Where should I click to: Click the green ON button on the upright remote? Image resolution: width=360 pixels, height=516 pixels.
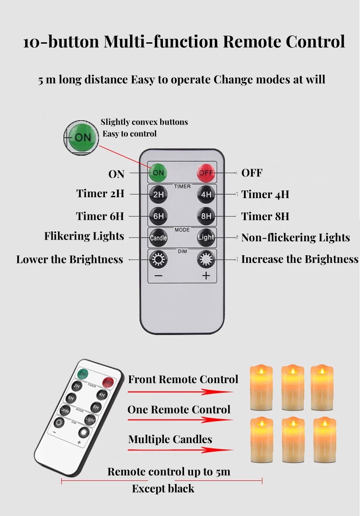158,172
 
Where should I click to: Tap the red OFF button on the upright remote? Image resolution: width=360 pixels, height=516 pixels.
206,173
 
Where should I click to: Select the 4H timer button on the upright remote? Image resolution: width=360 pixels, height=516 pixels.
206,195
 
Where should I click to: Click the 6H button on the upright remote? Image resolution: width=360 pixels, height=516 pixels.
158,216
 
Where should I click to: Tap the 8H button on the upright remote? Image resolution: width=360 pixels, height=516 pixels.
206,216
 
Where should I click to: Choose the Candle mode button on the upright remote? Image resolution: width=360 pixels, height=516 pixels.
158,237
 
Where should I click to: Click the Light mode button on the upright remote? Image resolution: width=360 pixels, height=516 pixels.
206,237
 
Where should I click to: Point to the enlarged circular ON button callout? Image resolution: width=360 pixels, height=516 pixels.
81,138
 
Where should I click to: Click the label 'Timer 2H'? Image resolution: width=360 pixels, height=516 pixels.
100,194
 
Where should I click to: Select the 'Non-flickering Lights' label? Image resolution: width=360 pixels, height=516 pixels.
295,238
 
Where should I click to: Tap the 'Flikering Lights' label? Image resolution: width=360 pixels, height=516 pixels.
84,236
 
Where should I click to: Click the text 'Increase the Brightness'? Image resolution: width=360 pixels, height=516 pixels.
299,259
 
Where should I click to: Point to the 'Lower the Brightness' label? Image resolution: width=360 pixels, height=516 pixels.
70,260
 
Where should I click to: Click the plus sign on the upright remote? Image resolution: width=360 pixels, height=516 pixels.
206,276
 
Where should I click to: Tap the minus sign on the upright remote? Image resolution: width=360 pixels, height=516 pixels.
158,276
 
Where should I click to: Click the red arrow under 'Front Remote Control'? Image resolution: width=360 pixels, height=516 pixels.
180,392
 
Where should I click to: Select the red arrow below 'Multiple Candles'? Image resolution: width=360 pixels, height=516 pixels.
180,449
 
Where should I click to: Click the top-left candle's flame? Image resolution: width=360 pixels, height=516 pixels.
261,371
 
